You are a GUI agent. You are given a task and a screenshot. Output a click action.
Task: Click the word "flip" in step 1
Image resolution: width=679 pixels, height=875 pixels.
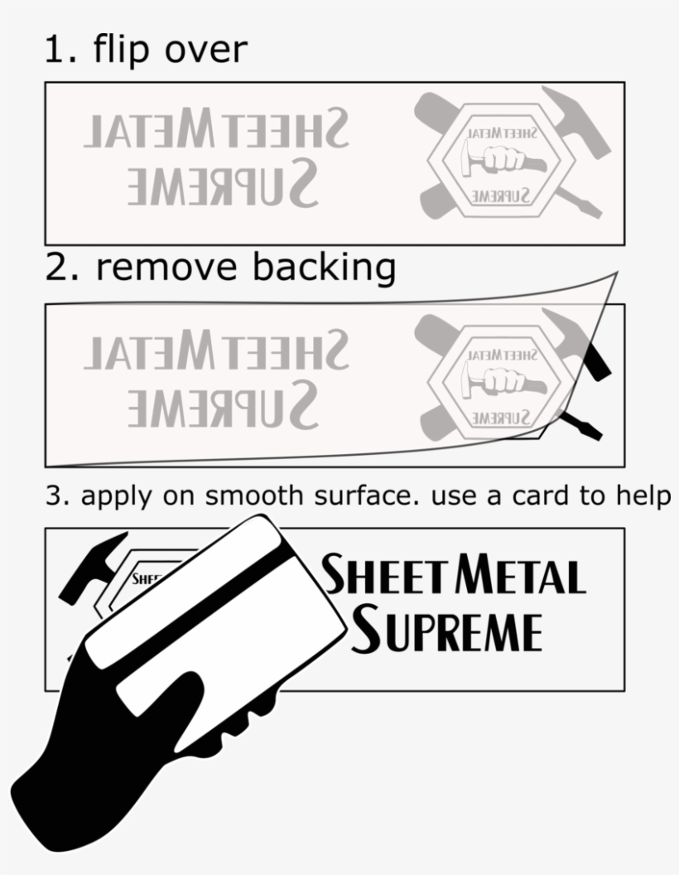(x=123, y=50)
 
